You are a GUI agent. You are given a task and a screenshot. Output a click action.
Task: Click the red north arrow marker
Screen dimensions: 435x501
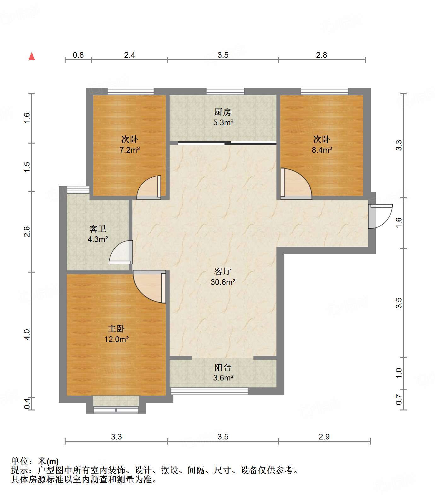coord(32,56)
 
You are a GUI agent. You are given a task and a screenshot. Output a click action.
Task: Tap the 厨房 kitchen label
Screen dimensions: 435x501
coord(223,112)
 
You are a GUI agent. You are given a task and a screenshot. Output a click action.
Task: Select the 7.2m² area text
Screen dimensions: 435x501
coord(130,150)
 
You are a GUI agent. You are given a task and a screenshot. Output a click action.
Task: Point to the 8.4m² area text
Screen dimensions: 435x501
coord(322,150)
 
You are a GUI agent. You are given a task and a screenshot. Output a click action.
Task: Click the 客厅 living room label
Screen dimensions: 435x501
coord(223,271)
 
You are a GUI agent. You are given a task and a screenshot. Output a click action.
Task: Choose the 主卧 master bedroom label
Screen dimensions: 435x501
coord(116,329)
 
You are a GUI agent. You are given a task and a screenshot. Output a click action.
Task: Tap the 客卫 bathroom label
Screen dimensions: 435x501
coord(98,229)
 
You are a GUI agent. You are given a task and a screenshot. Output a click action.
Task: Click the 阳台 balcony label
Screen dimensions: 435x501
coord(223,367)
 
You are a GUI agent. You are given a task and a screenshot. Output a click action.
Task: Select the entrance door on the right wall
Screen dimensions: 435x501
coord(380,216)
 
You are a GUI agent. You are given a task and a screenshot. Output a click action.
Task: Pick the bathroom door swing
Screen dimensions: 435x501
coord(121,252)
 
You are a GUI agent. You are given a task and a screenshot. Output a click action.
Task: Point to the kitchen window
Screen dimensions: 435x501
coord(225,91)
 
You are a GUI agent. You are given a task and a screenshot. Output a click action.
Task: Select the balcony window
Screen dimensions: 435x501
coord(209,391)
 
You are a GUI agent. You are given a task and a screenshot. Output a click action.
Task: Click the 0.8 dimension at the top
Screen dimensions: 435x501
coord(78,55)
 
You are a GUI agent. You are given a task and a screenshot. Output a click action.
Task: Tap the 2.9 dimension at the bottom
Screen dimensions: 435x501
coord(324,437)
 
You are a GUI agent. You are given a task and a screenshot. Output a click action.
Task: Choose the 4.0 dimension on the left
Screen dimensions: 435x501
coord(27,334)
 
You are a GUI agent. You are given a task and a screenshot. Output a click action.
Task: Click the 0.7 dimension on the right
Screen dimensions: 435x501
coord(399,400)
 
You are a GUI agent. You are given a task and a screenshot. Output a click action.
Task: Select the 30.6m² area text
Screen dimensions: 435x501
coord(223,282)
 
